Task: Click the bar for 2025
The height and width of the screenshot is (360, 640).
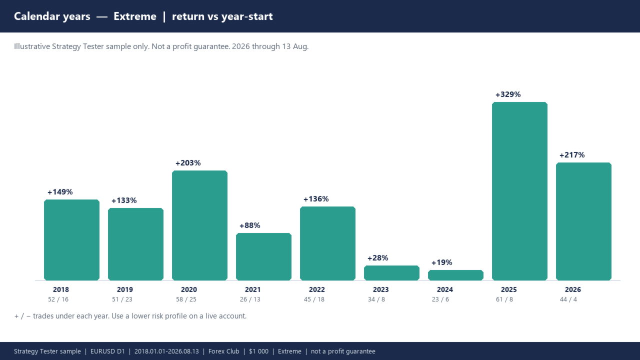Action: [x=519, y=191]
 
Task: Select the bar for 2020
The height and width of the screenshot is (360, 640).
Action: [x=199, y=225]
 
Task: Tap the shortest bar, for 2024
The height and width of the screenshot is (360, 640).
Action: [x=455, y=275]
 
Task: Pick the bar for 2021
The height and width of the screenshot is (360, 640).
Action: [x=263, y=256]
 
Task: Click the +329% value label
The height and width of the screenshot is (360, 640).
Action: [x=508, y=94]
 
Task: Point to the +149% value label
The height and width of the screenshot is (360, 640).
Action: [x=60, y=192]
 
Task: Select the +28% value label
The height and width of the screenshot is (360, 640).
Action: [x=377, y=258]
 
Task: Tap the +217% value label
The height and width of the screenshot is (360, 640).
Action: [x=572, y=155]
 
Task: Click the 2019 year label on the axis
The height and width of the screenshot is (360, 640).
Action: [x=125, y=289]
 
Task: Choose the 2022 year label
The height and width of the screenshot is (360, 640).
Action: [x=317, y=289]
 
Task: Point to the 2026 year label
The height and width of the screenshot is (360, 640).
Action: [x=573, y=289]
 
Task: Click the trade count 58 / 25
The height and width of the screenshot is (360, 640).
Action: [x=186, y=299]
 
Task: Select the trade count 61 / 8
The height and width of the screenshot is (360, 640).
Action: [x=504, y=299]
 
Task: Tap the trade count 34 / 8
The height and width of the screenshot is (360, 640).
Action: [x=376, y=299]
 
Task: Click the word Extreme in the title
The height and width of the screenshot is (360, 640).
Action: [x=135, y=16]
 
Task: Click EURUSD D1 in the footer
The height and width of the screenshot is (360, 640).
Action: [x=107, y=351]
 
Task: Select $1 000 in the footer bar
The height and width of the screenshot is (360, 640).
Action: [x=258, y=351]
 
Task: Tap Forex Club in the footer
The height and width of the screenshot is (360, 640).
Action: [x=223, y=351]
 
